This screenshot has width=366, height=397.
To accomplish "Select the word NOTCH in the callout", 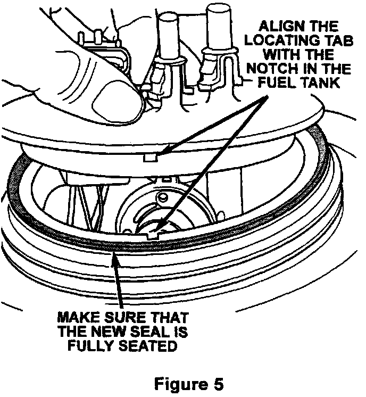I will click(287, 69).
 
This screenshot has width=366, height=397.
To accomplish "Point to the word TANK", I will click(322, 84).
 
